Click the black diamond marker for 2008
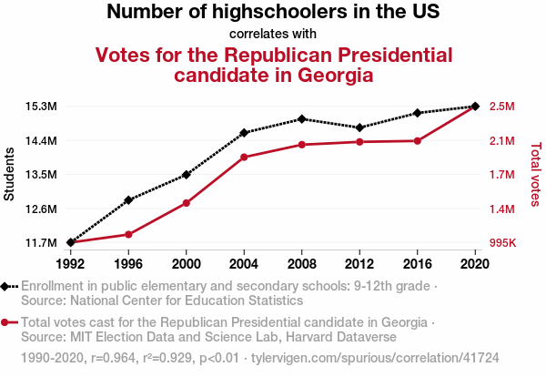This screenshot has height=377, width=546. click(x=302, y=119)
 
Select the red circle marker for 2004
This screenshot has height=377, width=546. click(x=244, y=158)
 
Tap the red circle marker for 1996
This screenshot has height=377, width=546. click(x=128, y=235)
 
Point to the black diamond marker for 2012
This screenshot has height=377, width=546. click(x=359, y=127)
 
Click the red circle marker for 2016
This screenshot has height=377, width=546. click(x=417, y=141)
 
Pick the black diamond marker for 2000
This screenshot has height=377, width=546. click(x=187, y=175)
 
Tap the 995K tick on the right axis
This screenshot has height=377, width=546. click(x=502, y=243)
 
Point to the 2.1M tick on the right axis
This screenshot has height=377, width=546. click(x=501, y=141)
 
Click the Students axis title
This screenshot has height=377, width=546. click(x=10, y=175)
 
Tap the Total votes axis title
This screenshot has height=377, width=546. click(x=535, y=175)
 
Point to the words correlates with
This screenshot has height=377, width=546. click(x=273, y=35)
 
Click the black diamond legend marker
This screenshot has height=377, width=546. click(x=7, y=286)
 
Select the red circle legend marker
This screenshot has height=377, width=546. click(x=7, y=322)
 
